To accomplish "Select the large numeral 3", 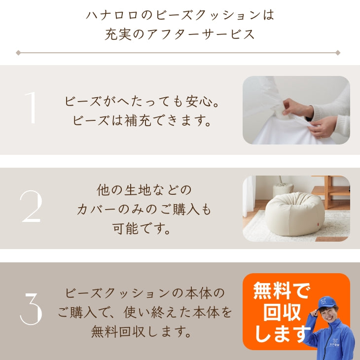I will click(x=31, y=309).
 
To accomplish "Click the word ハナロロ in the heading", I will click(x=110, y=15).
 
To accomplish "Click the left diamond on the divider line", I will click(x=18, y=52).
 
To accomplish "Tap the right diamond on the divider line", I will click(x=338, y=52).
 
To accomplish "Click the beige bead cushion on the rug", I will click(x=294, y=214).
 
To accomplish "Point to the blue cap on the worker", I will click(x=327, y=302).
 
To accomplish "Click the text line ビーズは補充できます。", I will click(x=143, y=121).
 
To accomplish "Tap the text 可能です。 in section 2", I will click(x=143, y=229).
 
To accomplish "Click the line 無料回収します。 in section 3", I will click(x=143, y=332).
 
